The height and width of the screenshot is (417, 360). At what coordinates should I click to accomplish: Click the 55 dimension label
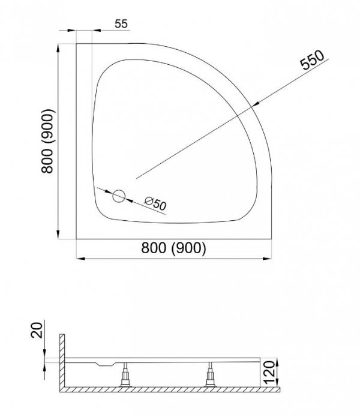pos(121,24)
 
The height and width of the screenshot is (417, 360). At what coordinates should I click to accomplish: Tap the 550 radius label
pos(312,60)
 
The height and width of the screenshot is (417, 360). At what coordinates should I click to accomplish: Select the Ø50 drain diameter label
pos(155,204)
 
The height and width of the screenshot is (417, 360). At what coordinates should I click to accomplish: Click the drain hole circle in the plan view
pos(119,196)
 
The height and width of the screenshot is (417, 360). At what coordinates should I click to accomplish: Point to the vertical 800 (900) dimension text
pos(48,141)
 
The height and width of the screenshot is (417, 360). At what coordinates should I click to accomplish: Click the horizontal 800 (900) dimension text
pos(173,248)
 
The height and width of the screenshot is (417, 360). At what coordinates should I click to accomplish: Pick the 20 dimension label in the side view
pos(37,330)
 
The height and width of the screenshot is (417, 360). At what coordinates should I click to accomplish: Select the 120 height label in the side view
pos(269,372)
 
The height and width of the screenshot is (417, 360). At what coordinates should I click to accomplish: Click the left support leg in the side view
pos(125,374)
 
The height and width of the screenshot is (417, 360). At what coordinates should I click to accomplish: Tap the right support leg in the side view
pos(211,374)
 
